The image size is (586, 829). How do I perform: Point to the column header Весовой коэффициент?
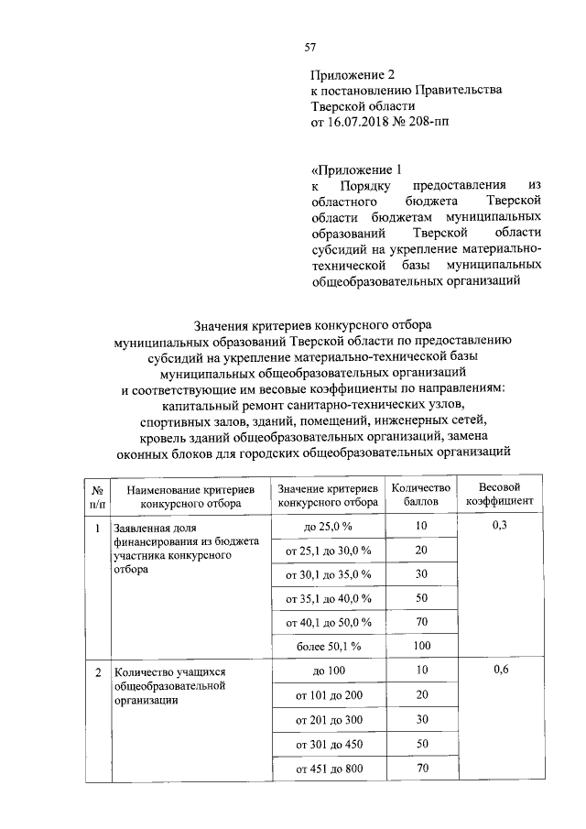(499, 495)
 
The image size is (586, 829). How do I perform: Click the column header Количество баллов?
(421, 495)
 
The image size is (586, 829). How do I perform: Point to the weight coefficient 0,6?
(499, 671)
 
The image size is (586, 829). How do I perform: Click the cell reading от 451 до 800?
(327, 769)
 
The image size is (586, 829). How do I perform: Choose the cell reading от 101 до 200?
(327, 696)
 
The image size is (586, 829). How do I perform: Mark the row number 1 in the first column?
(97, 527)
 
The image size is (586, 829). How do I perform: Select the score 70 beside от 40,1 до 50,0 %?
(421, 622)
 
